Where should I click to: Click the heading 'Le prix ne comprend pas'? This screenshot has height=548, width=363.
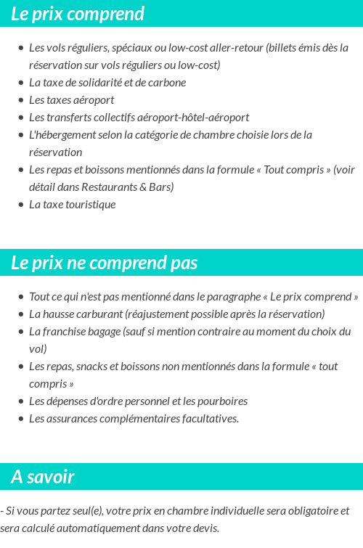tap(104, 263)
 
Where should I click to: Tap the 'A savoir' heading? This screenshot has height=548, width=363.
tap(42, 477)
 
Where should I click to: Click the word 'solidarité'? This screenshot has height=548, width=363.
tap(94, 83)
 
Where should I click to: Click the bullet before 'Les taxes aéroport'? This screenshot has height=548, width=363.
tap(20, 100)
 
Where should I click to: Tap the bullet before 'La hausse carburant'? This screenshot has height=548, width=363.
tap(20, 314)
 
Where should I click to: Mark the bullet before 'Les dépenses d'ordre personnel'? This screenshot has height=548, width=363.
tap(20, 401)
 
